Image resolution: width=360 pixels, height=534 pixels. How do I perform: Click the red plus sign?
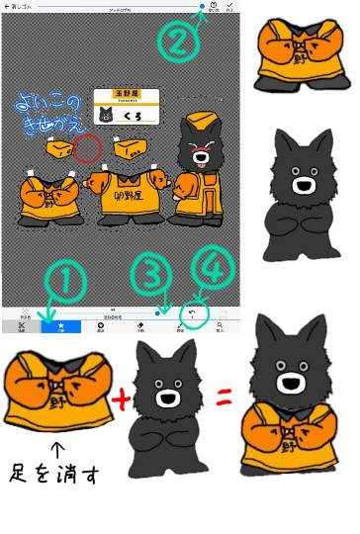(121, 400)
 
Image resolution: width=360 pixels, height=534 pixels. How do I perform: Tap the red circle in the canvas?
(87, 149)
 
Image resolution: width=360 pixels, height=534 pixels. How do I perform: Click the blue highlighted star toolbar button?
(60, 325)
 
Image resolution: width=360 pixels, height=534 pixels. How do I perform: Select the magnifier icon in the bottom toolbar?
(220, 325)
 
